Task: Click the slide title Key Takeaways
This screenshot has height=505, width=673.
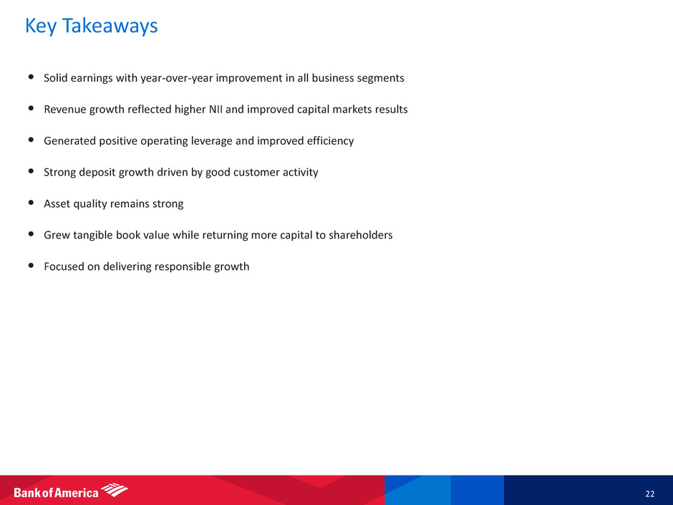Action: pos(92,27)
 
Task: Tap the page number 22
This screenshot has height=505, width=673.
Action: pos(650,494)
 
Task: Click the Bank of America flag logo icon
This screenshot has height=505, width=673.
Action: pos(115,489)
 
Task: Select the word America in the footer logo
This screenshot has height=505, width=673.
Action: pos(77,493)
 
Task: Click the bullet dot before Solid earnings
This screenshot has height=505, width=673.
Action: pos(31,77)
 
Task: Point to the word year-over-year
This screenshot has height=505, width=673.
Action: pos(176,78)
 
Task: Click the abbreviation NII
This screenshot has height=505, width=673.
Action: pos(216,109)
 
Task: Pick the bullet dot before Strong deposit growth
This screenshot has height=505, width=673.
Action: pos(31,171)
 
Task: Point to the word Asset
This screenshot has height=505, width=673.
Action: pos(57,203)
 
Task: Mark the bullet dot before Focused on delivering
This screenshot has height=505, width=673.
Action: pos(31,265)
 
